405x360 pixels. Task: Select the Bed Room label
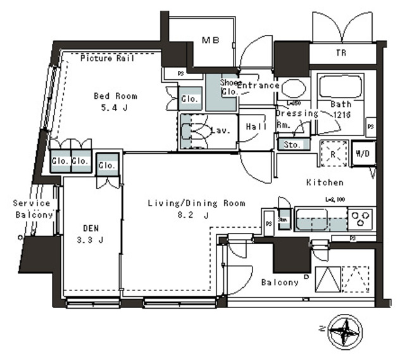[x=115, y=96]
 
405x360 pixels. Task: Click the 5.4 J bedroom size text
[x=115, y=108]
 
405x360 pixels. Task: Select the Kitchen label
[x=325, y=182]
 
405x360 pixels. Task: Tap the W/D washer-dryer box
[x=363, y=154]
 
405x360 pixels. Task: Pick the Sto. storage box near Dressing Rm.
[x=292, y=144]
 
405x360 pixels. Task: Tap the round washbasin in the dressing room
[x=292, y=89]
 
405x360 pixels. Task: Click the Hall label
[x=255, y=125]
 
